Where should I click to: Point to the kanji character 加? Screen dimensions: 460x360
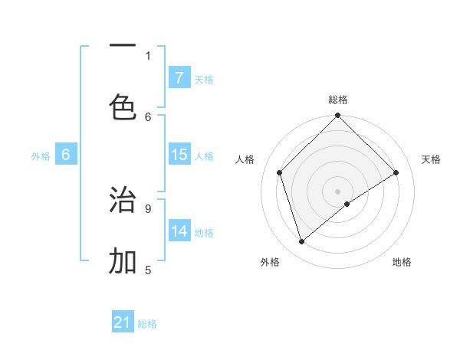click(123, 261)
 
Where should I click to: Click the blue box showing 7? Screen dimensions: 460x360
click(179, 77)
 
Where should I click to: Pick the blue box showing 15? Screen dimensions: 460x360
click(179, 155)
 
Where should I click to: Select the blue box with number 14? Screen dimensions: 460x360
click(179, 231)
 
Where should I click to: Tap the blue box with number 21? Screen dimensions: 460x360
click(123, 322)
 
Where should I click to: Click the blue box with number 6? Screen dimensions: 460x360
click(65, 155)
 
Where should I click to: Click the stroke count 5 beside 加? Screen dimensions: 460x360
click(148, 270)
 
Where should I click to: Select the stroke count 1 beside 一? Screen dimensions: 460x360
click(148, 55)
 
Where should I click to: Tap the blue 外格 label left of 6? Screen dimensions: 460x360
click(41, 155)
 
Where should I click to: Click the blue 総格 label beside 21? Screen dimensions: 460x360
click(147, 323)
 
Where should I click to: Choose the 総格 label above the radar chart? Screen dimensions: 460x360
click(337, 100)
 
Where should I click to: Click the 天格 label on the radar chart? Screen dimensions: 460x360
click(431, 159)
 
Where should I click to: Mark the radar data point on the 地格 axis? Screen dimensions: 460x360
click(347, 204)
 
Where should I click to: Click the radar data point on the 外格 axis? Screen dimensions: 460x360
click(301, 241)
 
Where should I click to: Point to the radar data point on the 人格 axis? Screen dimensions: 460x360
click(279, 172)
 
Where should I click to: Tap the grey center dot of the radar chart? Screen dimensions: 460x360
click(337, 191)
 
